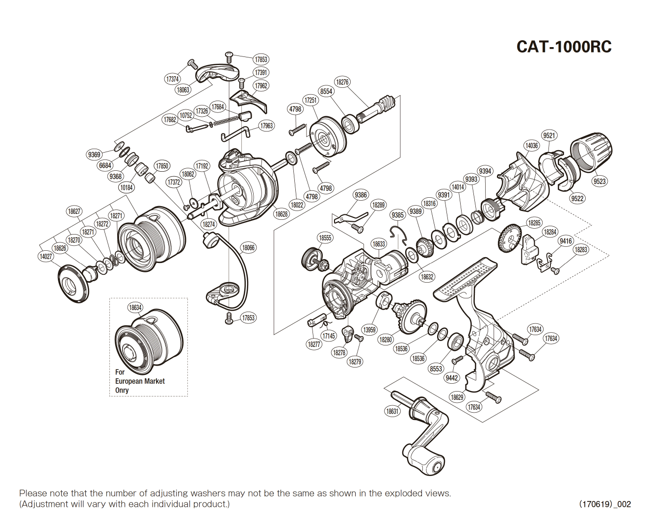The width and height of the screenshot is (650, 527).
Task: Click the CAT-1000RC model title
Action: point(564,47)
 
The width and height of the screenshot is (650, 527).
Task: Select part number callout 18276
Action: point(342,82)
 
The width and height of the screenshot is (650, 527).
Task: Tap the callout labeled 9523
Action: point(599,181)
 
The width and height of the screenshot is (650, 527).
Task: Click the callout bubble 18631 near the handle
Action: point(392,411)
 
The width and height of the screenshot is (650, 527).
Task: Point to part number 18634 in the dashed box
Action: point(135,308)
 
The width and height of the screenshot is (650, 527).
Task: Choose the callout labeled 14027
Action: point(46,256)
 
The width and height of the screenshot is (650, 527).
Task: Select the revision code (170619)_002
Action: point(605,504)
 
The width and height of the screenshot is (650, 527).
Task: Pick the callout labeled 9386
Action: point(361,195)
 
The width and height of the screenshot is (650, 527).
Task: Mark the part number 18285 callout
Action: point(534,223)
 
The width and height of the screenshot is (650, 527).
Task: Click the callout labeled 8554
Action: point(326,91)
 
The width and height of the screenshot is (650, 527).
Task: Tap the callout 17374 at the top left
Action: point(172,79)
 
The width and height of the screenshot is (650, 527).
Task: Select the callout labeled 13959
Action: point(369,330)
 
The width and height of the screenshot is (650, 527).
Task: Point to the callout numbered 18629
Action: point(457,397)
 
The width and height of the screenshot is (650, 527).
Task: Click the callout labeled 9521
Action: point(549,136)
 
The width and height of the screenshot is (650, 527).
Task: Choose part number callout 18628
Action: point(282,214)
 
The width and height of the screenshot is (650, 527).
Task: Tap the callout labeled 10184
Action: point(127,187)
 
